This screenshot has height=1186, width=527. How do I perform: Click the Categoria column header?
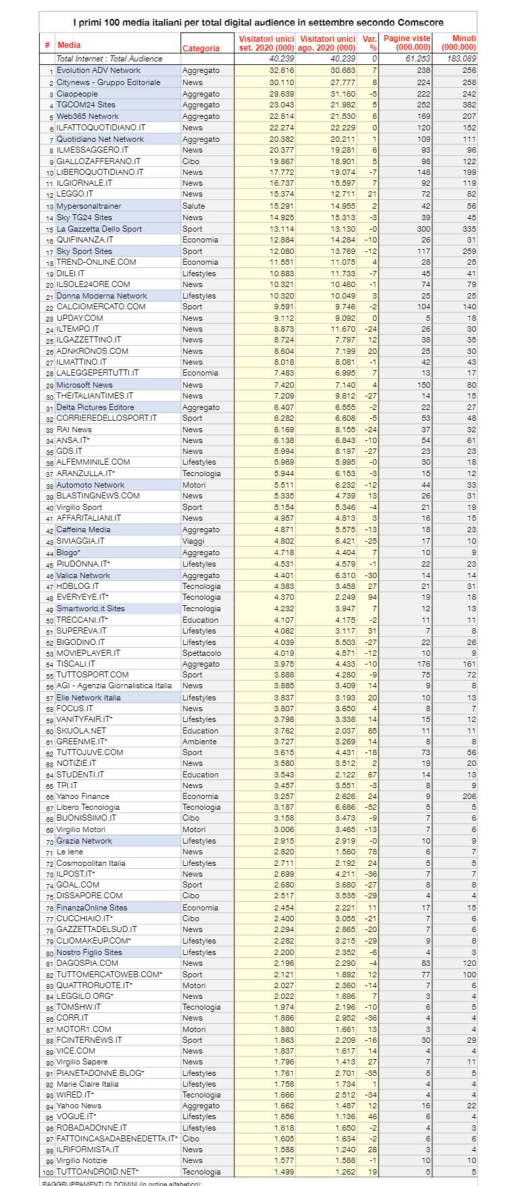tap(201, 49)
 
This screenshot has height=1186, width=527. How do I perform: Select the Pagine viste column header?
tap(407, 43)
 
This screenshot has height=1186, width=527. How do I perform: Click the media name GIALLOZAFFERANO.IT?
tap(99, 161)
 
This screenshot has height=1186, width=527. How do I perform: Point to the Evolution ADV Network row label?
tap(99, 70)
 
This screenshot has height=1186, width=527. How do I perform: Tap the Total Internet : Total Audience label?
tap(109, 59)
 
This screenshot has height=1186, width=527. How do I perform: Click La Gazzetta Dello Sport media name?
tap(99, 229)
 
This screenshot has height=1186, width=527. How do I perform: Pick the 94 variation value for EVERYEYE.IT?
tap(372, 597)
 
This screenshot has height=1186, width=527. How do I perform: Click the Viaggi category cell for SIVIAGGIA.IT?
tap(194, 541)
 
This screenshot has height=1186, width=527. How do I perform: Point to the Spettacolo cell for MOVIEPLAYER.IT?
tap(201, 653)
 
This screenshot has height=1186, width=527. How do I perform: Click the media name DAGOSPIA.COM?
tap(87, 963)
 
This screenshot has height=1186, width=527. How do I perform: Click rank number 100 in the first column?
tap(48, 1172)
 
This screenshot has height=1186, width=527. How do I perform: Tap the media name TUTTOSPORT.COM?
tap(93, 675)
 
